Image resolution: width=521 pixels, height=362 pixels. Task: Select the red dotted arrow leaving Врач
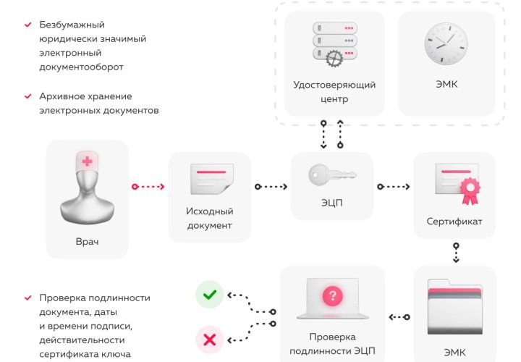click(x=148, y=187)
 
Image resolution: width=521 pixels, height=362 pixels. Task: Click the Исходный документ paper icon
click(x=209, y=178)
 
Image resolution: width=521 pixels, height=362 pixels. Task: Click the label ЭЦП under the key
click(x=331, y=203)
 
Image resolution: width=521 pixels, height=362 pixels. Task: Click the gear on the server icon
click(x=334, y=59)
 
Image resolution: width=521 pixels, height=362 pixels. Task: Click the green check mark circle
click(x=209, y=295)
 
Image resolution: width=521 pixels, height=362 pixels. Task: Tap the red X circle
click(x=209, y=338)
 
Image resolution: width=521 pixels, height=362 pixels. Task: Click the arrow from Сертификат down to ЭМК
click(x=456, y=252)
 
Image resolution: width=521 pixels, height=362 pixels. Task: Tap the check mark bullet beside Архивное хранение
click(x=27, y=96)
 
